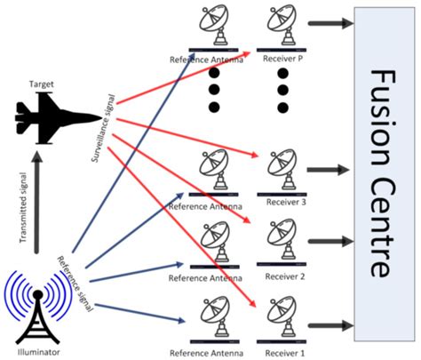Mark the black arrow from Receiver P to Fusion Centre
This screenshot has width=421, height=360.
[x=326, y=26]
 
